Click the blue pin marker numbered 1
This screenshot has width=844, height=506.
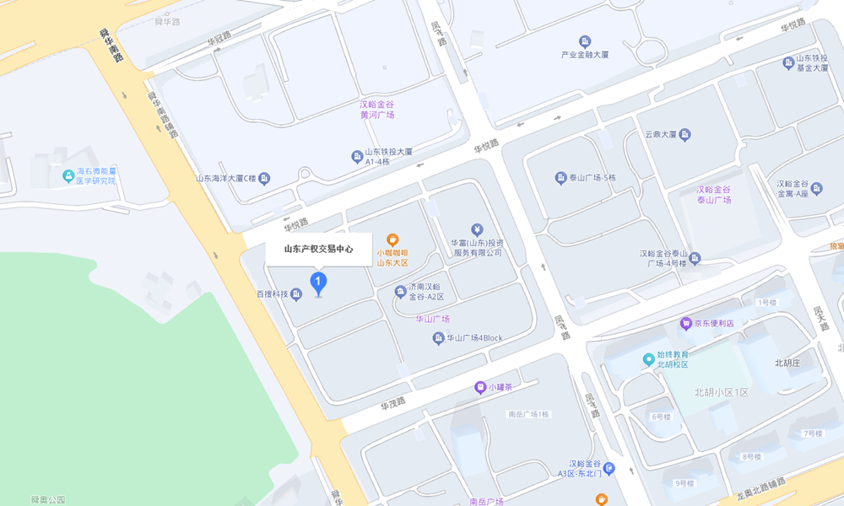point(318,281)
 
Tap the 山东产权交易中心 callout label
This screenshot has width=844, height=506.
point(318,249)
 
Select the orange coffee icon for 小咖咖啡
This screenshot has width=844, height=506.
point(392,240)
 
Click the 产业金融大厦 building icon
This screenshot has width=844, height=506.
point(585,41)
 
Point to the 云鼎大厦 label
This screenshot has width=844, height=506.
point(661,134)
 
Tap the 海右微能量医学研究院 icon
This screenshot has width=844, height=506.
point(69,175)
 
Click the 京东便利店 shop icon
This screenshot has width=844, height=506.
point(686,323)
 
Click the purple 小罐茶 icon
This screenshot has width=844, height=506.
point(480,387)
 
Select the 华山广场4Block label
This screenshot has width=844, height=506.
point(474,338)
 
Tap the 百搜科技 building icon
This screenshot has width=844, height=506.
point(296,294)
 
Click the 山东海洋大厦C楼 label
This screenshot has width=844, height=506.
point(225,178)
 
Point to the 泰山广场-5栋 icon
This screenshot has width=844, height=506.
point(560,178)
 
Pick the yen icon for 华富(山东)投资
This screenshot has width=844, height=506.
point(477,229)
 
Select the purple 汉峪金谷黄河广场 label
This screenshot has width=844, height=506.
point(377,110)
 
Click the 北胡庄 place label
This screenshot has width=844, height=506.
point(792,363)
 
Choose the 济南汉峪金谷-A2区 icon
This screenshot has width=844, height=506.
point(400,292)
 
